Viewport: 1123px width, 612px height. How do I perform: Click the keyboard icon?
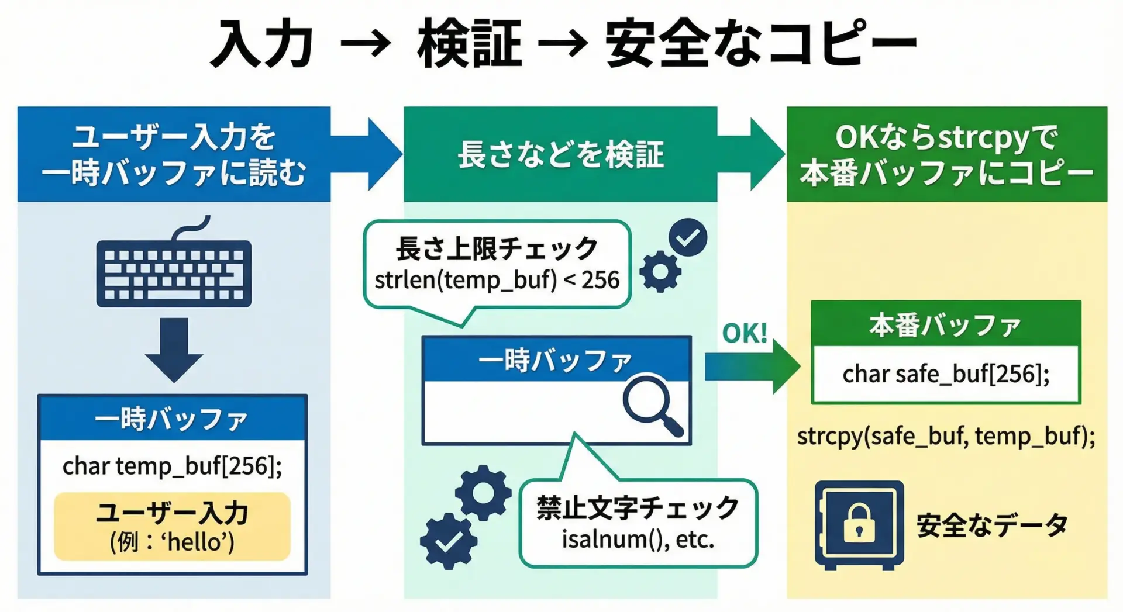(x=174, y=272)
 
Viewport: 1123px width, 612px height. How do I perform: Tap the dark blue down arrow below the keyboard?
(x=174, y=350)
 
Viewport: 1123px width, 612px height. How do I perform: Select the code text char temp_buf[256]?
(x=172, y=466)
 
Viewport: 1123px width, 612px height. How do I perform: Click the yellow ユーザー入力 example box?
(x=172, y=527)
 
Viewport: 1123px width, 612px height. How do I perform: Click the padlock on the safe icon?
(x=858, y=523)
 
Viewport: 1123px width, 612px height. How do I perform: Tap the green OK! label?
(x=744, y=334)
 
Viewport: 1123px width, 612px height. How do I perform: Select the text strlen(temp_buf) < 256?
(x=497, y=280)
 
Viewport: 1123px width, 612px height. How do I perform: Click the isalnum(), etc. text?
(x=638, y=539)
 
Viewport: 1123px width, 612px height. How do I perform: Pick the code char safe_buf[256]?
(x=946, y=374)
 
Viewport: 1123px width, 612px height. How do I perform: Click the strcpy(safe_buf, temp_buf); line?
(x=946, y=436)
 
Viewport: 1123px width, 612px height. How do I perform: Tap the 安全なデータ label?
(x=991, y=525)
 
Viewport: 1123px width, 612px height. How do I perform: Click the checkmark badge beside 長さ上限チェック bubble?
(x=688, y=237)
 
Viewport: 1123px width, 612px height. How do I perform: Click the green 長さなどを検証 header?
(x=560, y=154)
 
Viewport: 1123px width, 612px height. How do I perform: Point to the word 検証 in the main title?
(x=469, y=44)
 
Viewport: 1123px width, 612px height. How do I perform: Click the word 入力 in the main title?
(x=261, y=44)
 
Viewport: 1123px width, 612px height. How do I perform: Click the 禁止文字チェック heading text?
(x=638, y=507)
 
